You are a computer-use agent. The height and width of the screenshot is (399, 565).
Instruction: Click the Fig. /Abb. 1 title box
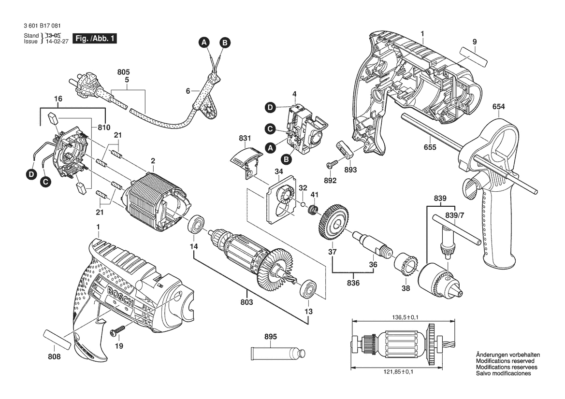94,38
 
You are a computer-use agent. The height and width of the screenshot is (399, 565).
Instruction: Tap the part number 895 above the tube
271,337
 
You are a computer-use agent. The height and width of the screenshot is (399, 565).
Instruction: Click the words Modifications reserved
505,361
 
